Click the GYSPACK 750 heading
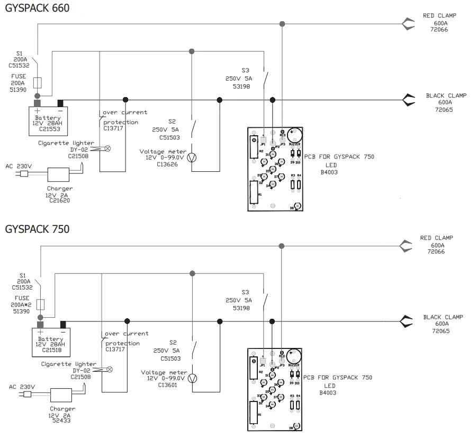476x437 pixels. point(37,230)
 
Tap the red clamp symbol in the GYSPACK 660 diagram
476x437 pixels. point(408,24)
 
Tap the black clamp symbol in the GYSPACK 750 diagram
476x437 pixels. point(407,321)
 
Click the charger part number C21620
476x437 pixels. point(59,200)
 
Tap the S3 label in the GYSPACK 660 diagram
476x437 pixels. point(245,70)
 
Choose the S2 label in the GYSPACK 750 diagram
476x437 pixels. point(174,343)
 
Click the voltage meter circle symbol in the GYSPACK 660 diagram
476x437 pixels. point(192,158)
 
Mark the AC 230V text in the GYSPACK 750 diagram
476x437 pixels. point(22,387)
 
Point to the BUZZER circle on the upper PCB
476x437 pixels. point(294,134)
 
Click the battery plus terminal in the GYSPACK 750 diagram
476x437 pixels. point(40,325)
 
